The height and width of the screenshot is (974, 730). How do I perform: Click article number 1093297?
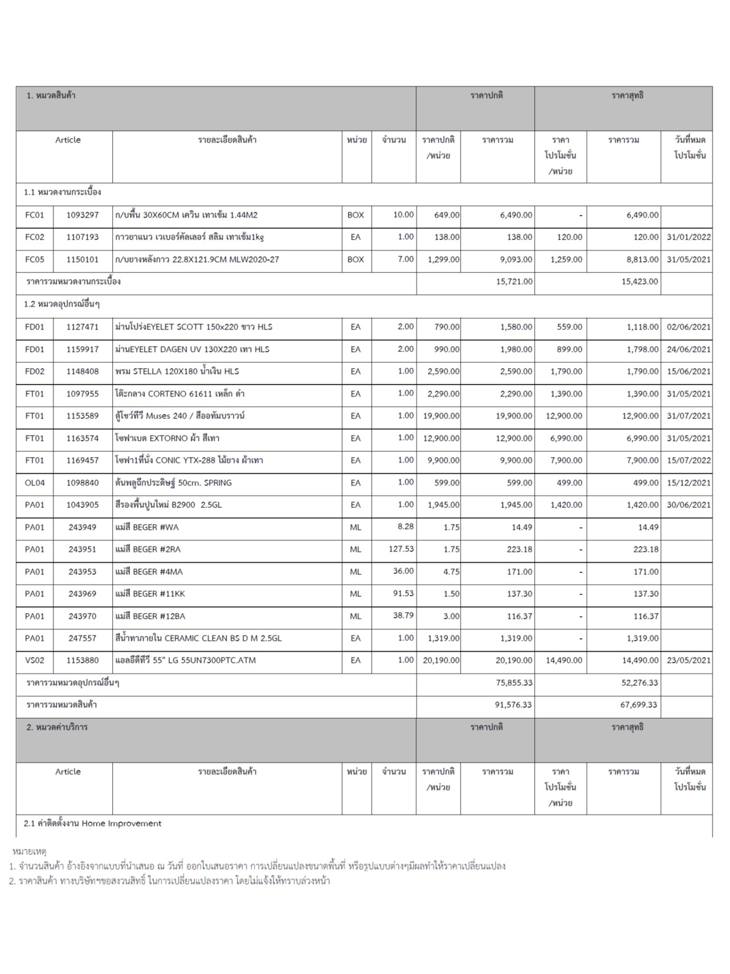pos(82,215)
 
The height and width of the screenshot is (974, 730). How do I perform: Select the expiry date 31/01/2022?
pos(688,237)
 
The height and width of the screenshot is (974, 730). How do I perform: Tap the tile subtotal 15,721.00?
pos(514,282)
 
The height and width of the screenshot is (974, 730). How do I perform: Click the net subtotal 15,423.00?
pos(640,282)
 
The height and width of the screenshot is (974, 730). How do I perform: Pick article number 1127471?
pos(82,327)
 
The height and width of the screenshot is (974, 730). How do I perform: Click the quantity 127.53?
pos(401,549)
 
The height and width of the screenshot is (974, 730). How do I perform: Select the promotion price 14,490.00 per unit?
pos(564,661)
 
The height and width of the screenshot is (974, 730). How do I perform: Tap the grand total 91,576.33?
pos(513,705)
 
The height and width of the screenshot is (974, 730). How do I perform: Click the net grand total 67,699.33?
pos(639,705)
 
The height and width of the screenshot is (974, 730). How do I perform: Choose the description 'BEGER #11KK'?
pos(150,594)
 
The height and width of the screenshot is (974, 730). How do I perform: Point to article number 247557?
pos(82,638)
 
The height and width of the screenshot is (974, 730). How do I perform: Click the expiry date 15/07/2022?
pos(688,460)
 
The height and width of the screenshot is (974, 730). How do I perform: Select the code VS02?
pos(34,661)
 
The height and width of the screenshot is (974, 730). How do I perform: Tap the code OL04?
pos(34,483)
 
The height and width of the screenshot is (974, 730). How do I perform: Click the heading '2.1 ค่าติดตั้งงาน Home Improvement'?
pos(93,824)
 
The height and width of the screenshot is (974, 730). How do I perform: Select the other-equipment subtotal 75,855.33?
pos(514,683)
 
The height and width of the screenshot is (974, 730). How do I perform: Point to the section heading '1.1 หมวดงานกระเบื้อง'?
pos(62,193)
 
